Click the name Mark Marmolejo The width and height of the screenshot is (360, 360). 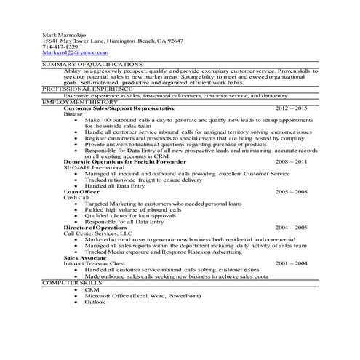tap(62, 34)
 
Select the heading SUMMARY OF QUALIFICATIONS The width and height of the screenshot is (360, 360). tap(81, 64)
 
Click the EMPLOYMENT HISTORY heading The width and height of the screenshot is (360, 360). tap(73, 102)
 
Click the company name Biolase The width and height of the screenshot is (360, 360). tap(73, 113)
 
